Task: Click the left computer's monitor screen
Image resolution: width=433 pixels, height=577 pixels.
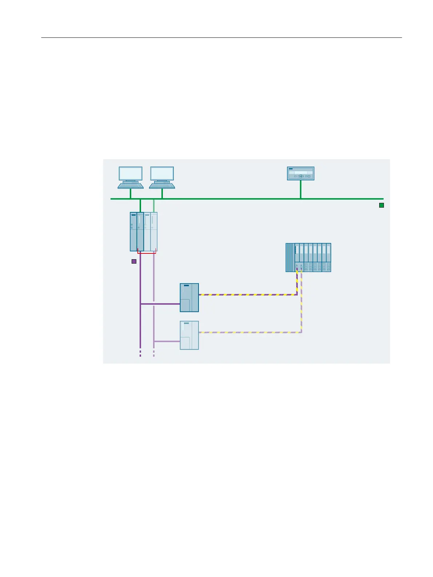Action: click(131, 173)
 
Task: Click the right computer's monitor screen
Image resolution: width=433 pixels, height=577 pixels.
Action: click(162, 173)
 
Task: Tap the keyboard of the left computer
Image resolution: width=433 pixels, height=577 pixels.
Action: click(131, 185)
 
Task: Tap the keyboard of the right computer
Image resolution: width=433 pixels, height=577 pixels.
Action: click(162, 185)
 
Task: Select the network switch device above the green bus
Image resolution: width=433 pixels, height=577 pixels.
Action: click(301, 173)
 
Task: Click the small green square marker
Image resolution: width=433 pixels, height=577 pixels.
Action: click(381, 205)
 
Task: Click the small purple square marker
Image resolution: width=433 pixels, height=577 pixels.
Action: click(134, 261)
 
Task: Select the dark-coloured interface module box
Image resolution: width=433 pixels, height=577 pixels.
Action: click(189, 298)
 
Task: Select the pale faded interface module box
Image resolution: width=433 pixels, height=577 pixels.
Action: click(189, 335)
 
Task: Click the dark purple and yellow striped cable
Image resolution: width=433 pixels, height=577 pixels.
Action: click(247, 295)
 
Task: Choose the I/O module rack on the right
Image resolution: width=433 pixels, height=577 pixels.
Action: click(308, 257)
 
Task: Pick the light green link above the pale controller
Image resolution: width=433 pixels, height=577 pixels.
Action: click(154, 206)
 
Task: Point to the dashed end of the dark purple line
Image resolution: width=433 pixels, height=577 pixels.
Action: click(140, 353)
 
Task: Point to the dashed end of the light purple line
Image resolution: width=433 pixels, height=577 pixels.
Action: click(154, 353)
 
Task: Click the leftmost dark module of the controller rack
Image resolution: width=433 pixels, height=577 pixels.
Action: click(133, 232)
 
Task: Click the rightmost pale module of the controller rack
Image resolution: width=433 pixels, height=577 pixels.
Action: click(154, 232)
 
